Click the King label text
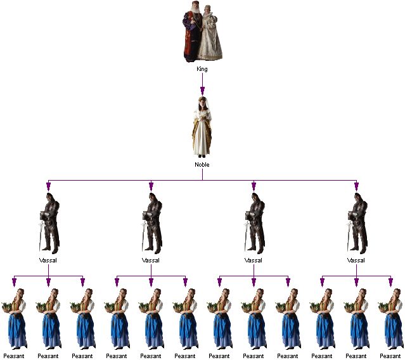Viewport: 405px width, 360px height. (x=202, y=69)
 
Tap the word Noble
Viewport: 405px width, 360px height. (x=202, y=165)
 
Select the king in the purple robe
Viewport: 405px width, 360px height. (x=193, y=32)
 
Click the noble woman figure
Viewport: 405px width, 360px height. (x=202, y=127)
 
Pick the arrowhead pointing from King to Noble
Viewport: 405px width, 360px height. (x=202, y=91)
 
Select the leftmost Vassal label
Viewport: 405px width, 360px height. (x=48, y=260)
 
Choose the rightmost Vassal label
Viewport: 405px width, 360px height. (x=356, y=260)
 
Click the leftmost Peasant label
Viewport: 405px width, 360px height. (x=14, y=356)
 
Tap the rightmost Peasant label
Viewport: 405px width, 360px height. (x=390, y=356)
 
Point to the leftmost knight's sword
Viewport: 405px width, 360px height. (x=41, y=236)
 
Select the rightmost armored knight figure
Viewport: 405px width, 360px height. (x=357, y=223)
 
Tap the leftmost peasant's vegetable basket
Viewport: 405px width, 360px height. (x=8, y=307)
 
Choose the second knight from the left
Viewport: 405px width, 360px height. (x=152, y=223)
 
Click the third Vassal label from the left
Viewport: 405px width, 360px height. (x=254, y=260)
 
